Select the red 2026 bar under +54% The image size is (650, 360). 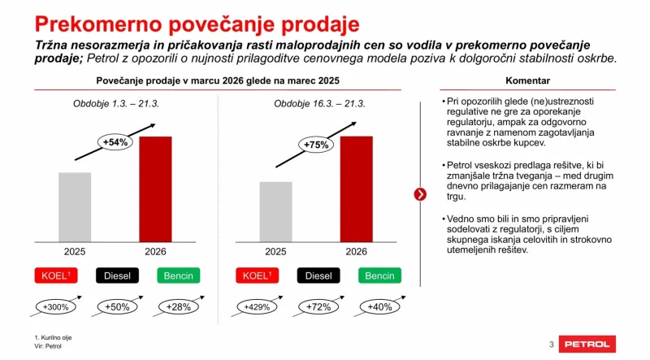(x=155, y=189)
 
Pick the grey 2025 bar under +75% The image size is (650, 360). (x=275, y=211)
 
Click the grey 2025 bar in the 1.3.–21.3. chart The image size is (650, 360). (x=75, y=206)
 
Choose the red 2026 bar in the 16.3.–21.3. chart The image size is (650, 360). (x=356, y=189)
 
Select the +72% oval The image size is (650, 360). (x=318, y=307)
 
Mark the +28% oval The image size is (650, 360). (x=178, y=307)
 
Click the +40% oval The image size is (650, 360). (x=379, y=307)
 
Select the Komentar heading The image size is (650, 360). (x=527, y=81)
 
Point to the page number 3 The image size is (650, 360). (x=552, y=345)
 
